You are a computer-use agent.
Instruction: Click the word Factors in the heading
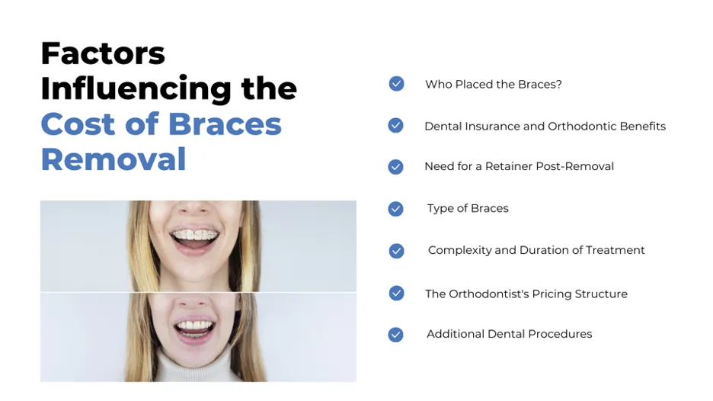point(103,53)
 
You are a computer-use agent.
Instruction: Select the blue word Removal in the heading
point(114,159)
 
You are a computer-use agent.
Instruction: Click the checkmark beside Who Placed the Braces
point(396,84)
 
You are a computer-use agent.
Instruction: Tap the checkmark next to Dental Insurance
point(395,126)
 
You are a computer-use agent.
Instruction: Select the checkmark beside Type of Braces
point(395,208)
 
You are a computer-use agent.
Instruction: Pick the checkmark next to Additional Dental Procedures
point(395,334)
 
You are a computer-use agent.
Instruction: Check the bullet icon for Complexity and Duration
point(396,250)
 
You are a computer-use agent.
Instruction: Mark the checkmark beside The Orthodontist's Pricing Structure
point(396,294)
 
